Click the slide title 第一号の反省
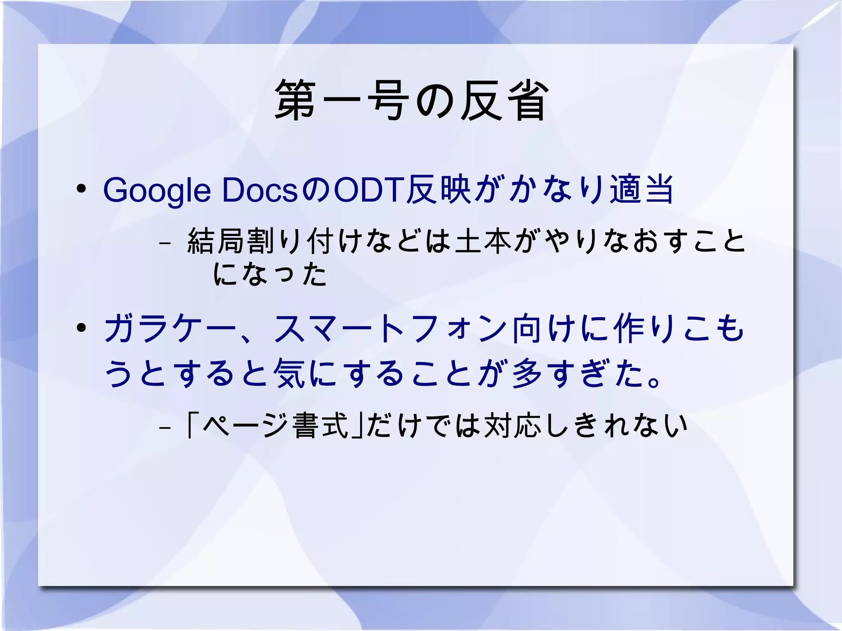point(411,101)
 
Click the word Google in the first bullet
point(157,190)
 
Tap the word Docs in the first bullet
point(259,190)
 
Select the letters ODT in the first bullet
point(368,190)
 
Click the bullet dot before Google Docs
point(81,189)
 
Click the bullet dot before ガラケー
point(81,328)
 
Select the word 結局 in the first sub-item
point(217,241)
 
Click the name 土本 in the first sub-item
point(483,241)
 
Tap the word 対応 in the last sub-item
point(512,425)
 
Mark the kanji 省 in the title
point(527,101)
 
